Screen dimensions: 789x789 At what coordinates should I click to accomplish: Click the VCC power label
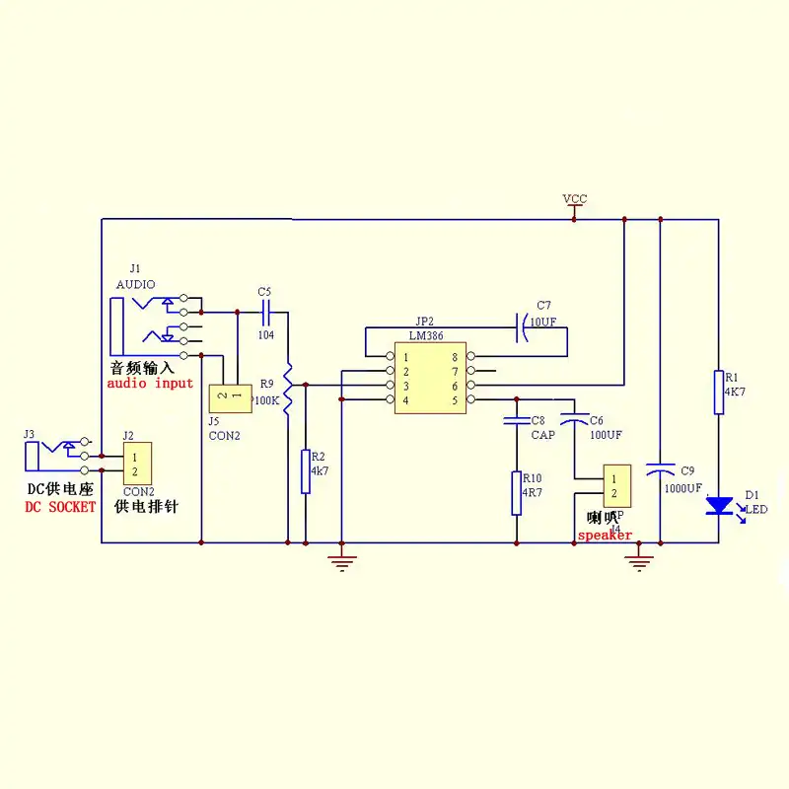tap(574, 199)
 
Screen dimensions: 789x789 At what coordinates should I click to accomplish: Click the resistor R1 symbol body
tap(718, 392)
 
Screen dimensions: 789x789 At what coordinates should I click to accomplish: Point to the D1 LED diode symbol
tap(719, 506)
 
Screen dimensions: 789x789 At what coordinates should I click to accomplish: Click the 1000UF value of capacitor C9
tap(682, 488)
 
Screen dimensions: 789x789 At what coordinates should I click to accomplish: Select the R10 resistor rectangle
tap(516, 492)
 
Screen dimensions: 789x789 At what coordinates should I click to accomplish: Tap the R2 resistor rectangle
tap(306, 470)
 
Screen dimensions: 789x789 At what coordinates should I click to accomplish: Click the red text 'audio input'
tap(150, 383)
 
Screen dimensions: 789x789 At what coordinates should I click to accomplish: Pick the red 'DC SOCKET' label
tap(60, 506)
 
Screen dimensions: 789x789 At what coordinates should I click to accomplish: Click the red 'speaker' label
tap(605, 537)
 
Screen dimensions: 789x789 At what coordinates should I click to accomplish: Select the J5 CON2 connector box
tap(229, 397)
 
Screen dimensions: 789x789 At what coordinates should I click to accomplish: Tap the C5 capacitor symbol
tap(265, 313)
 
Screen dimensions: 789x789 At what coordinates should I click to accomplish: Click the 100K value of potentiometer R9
tap(266, 401)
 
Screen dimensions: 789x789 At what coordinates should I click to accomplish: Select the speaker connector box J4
tap(616, 485)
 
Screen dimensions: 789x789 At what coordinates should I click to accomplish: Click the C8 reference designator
tap(538, 420)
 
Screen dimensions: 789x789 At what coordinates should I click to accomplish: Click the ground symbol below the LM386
tap(341, 562)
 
